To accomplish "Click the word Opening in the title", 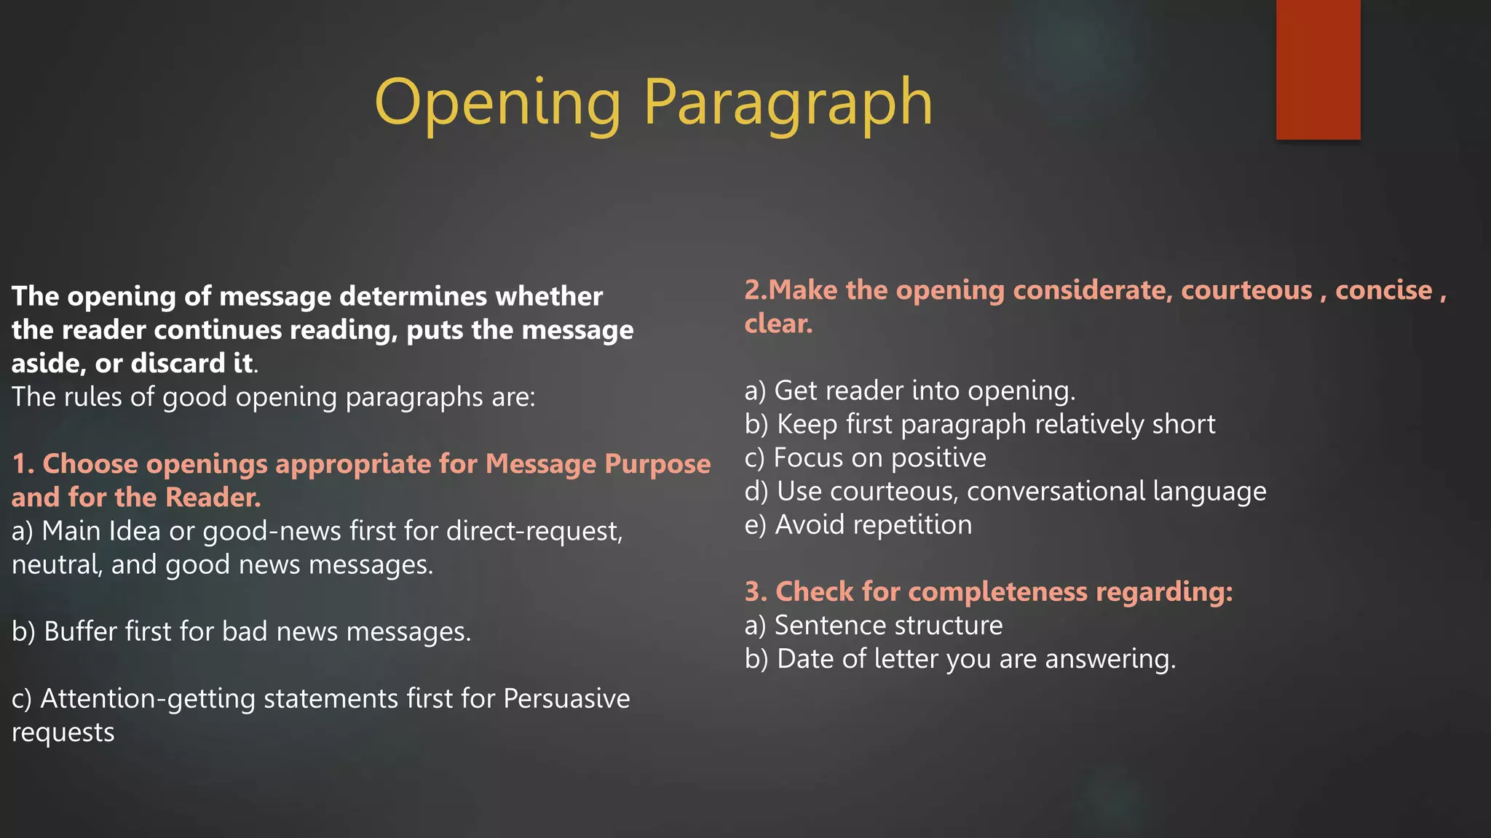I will pyautogui.click(x=497, y=103).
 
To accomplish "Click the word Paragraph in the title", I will pyautogui.click(x=788, y=103).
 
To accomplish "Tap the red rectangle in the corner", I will pyautogui.click(x=1318, y=69).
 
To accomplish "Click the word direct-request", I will pyautogui.click(x=534, y=531).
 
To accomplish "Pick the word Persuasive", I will pyautogui.click(x=566, y=698).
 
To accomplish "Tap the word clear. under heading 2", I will pyautogui.click(x=778, y=324).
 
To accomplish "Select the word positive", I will pyautogui.click(x=938, y=458).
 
